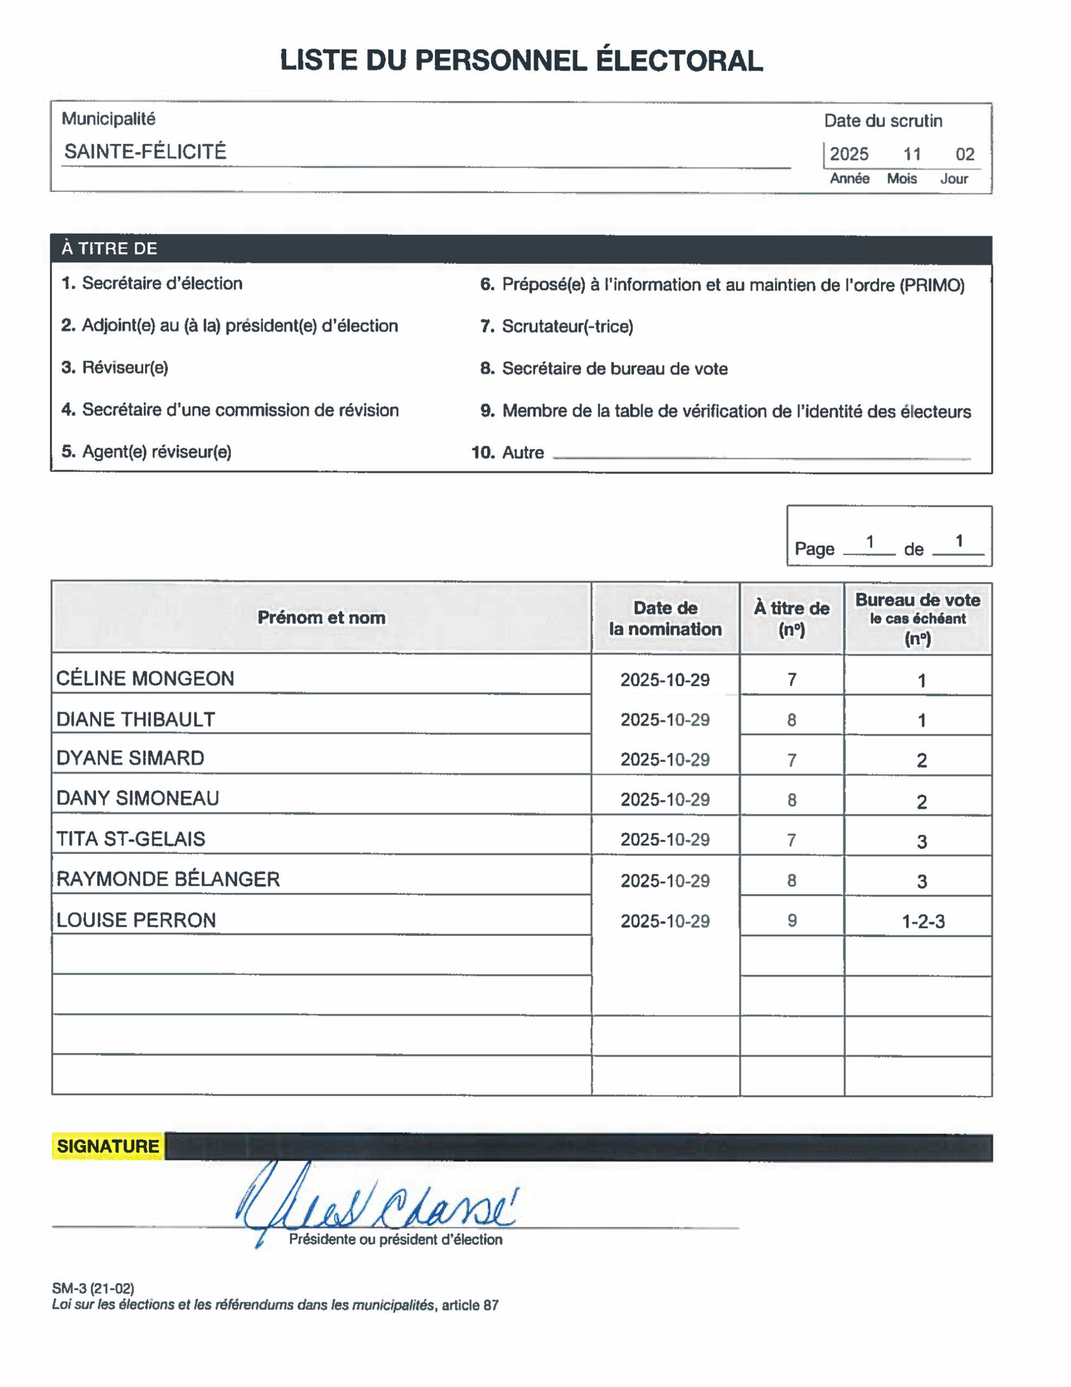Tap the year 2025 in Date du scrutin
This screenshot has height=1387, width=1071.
pos(849,154)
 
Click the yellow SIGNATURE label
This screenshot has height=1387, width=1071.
pos(108,1146)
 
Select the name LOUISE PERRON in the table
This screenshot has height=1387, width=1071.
pos(136,920)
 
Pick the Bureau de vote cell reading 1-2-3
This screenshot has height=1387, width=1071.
pos(923,922)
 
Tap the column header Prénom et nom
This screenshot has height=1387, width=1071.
pos(321,617)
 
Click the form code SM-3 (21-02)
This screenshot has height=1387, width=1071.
pos(93,1288)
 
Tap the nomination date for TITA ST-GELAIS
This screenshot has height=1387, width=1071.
pos(665,840)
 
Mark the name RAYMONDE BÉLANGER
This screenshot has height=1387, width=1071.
pos(168,879)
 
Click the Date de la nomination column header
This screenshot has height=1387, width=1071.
pos(665,619)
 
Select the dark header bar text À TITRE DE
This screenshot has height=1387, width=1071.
pos(109,248)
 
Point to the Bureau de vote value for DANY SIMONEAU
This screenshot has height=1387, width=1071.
pos(922,801)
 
